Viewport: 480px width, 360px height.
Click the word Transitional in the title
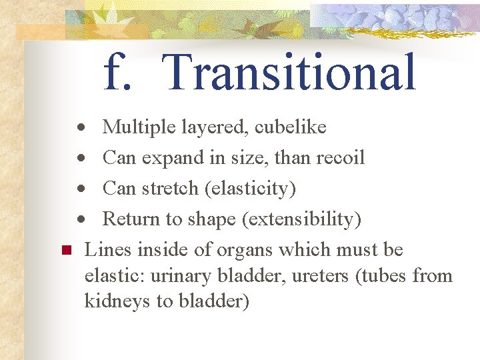[x=289, y=72]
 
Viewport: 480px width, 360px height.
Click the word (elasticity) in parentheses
[x=250, y=189]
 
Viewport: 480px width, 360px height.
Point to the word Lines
[x=108, y=250]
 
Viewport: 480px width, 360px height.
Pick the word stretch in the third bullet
[x=169, y=189]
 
